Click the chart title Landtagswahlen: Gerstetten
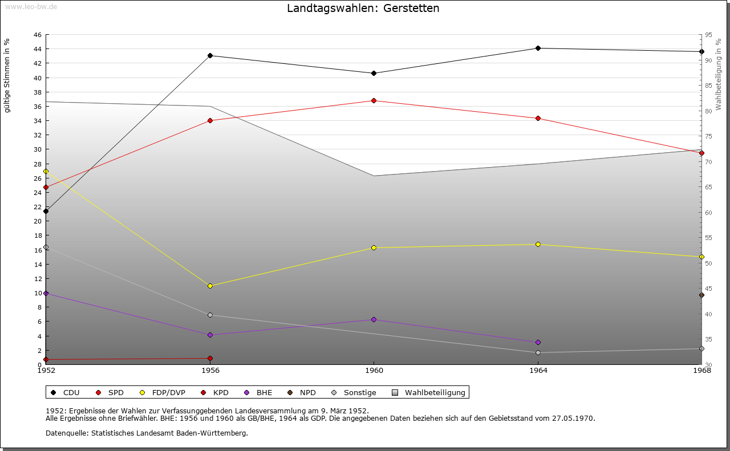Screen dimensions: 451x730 point(363,9)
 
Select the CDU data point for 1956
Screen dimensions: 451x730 point(210,55)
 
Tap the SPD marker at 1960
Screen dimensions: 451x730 point(374,100)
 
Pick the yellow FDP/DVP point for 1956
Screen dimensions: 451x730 point(210,286)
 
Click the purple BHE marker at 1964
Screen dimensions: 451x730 point(538,342)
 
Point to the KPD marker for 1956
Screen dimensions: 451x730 point(210,358)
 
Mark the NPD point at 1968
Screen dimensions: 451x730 point(701,295)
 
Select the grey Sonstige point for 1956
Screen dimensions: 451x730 point(210,315)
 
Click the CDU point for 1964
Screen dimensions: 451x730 point(538,48)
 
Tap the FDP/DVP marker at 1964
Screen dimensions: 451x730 point(538,244)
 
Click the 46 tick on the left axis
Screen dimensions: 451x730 point(37,35)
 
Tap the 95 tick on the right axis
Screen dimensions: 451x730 point(708,35)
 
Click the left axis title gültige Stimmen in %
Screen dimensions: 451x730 point(7,75)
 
